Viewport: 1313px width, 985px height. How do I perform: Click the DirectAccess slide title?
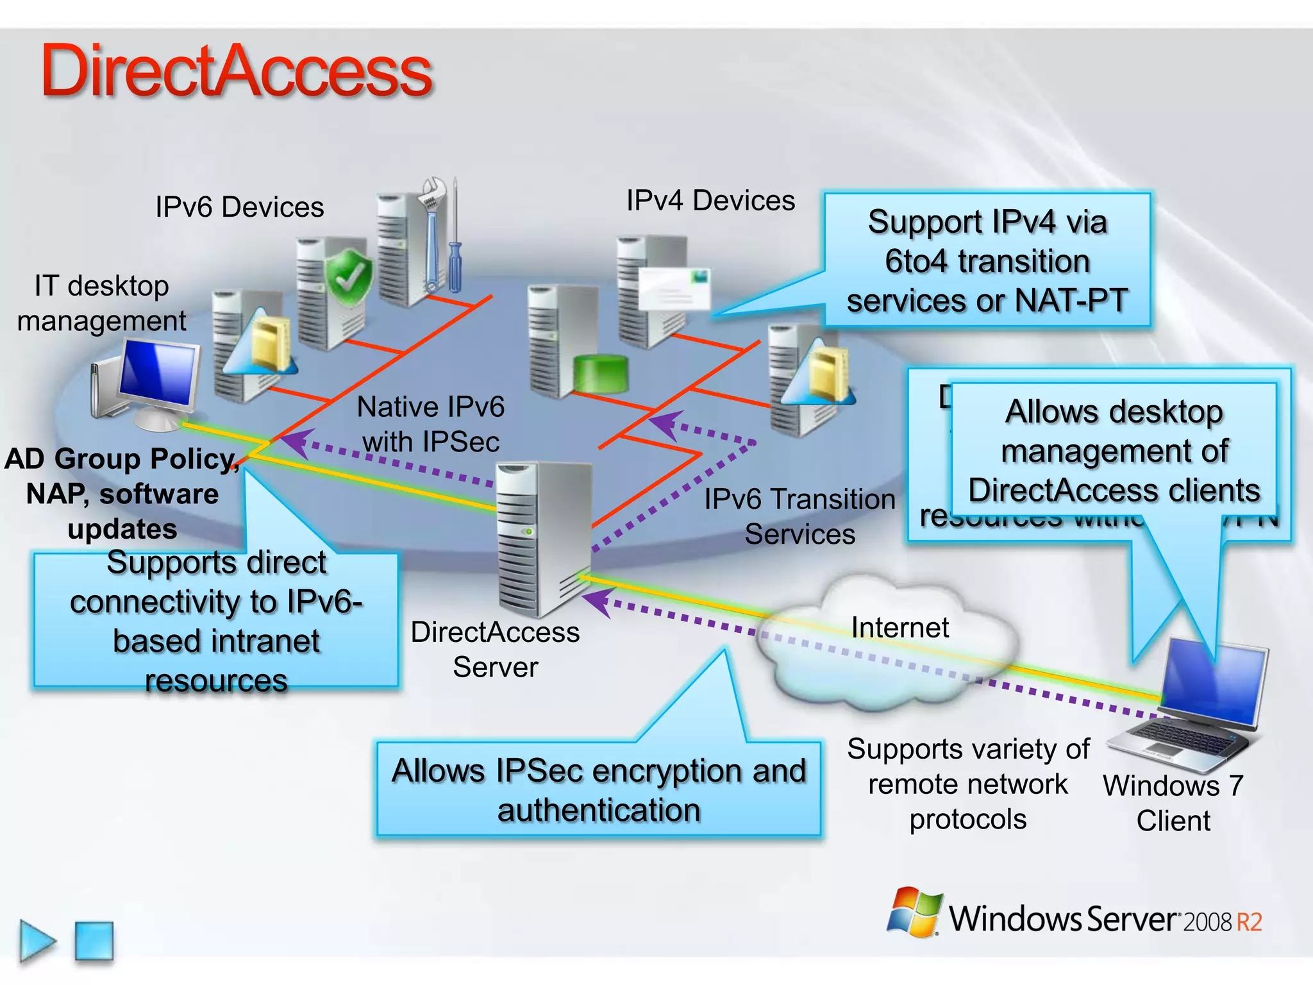(x=236, y=72)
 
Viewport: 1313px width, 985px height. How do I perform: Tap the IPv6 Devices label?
(x=239, y=207)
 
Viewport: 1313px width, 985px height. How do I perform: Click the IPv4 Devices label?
(x=710, y=201)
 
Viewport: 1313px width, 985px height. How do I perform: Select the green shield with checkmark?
(x=348, y=277)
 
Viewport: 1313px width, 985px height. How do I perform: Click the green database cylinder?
(x=601, y=373)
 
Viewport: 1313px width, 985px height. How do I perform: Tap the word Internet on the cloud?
(x=899, y=627)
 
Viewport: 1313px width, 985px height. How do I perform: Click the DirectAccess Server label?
(x=495, y=649)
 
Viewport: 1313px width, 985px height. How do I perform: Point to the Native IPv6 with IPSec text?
(x=430, y=424)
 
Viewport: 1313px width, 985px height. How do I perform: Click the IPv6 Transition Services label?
(x=799, y=516)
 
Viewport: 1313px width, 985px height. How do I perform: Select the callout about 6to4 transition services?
(x=987, y=261)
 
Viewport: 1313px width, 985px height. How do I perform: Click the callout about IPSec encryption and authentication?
(x=598, y=789)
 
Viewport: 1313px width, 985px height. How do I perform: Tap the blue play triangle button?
(x=37, y=941)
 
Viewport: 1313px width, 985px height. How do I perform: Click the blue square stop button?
(x=94, y=941)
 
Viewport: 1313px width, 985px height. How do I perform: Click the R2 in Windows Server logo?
(x=1249, y=922)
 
